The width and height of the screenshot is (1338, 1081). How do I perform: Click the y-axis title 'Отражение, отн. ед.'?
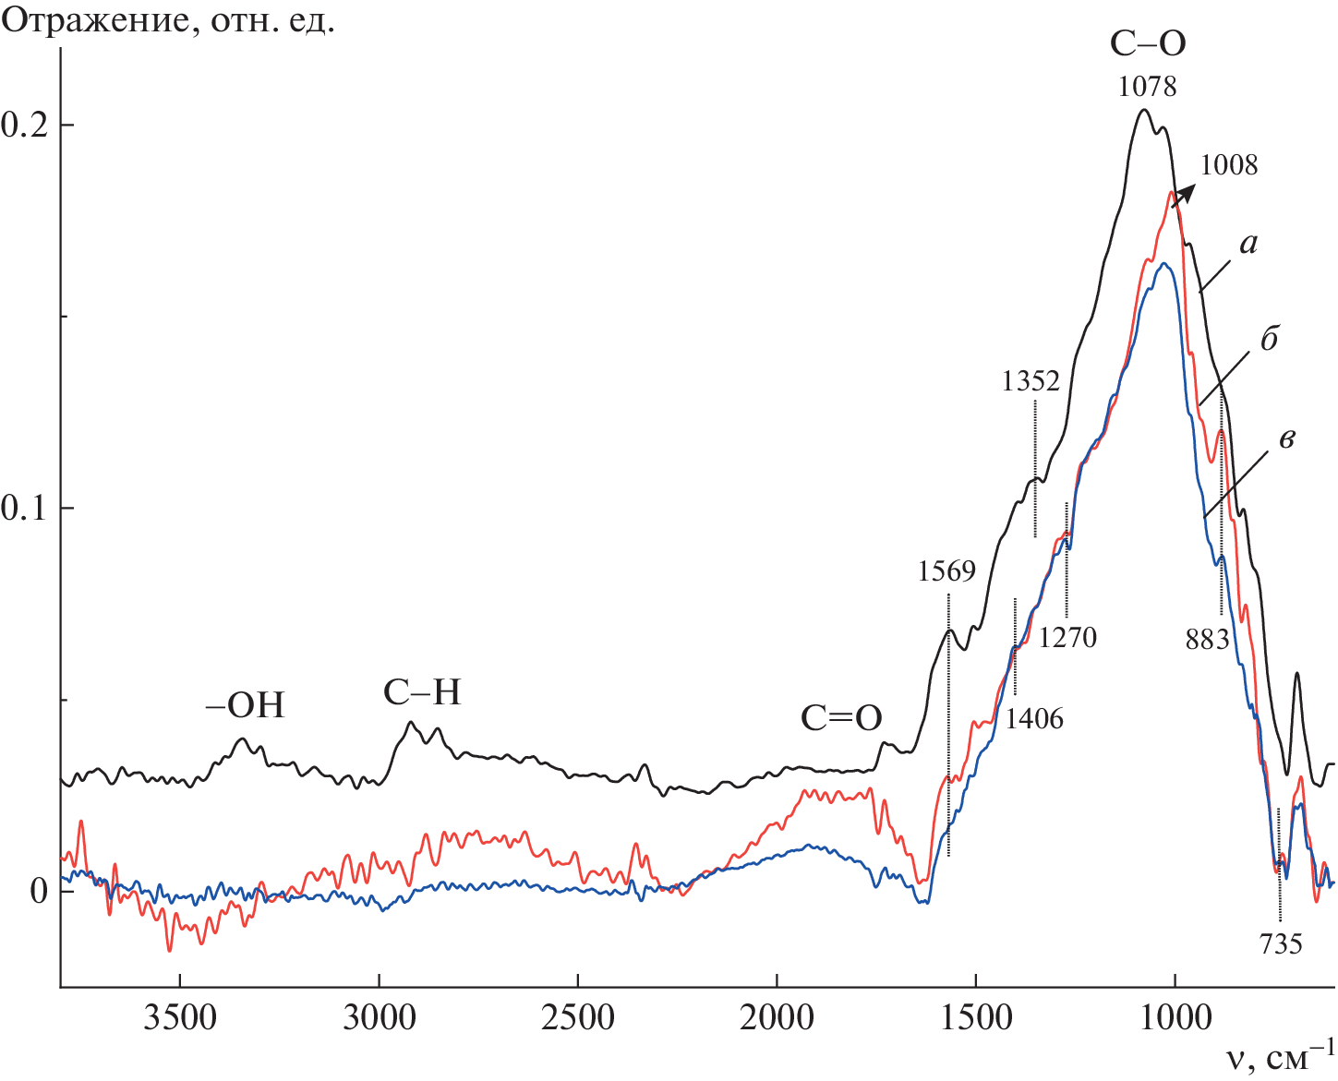click(x=168, y=20)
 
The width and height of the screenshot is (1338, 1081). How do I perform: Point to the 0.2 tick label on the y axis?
click(x=25, y=126)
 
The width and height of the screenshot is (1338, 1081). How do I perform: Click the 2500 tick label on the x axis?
click(x=577, y=1018)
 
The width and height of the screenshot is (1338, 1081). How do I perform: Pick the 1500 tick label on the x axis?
click(x=975, y=1018)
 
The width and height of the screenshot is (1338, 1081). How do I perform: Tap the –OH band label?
click(x=245, y=706)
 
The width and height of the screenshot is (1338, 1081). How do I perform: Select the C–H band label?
click(x=422, y=692)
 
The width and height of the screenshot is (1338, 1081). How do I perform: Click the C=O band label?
click(x=841, y=718)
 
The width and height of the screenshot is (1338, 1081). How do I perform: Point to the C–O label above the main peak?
click(x=1148, y=43)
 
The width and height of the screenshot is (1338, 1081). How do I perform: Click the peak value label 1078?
click(x=1148, y=87)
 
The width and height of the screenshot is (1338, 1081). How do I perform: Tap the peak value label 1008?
click(x=1229, y=165)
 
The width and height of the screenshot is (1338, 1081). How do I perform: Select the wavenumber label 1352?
click(x=1031, y=381)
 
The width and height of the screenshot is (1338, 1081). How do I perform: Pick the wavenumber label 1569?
click(x=946, y=571)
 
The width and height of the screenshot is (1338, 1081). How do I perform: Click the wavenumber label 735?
click(x=1282, y=943)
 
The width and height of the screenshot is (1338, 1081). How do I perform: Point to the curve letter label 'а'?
click(x=1248, y=245)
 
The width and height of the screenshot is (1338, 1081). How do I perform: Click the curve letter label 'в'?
click(x=1285, y=438)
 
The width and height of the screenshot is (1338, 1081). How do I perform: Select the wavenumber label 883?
click(x=1208, y=639)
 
